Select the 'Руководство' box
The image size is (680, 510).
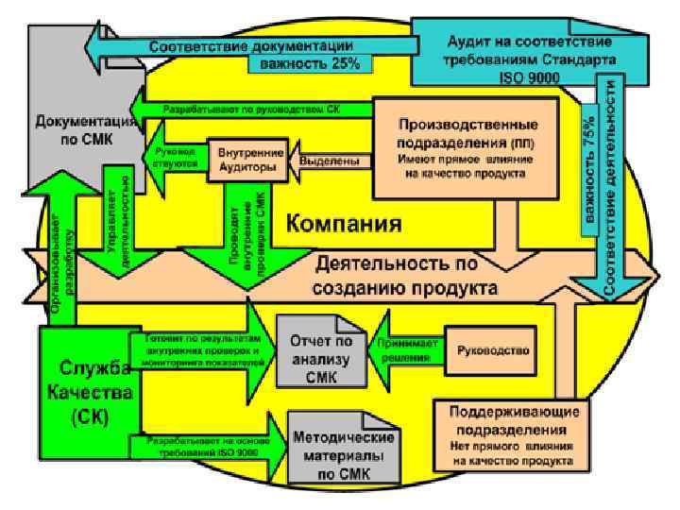(x=491, y=348)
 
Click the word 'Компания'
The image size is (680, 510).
(x=344, y=225)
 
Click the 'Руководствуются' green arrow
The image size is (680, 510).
(x=175, y=157)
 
